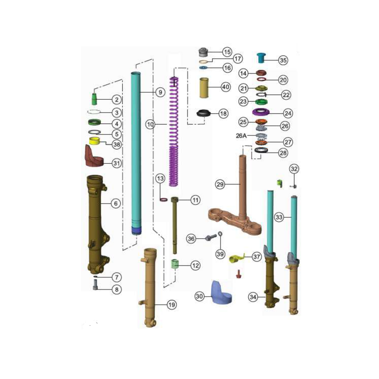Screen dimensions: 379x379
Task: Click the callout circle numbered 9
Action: click(x=160, y=92)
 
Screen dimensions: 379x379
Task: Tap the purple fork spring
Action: click(x=174, y=131)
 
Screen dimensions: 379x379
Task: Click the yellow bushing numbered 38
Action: click(x=94, y=141)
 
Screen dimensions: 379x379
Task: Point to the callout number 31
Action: click(x=117, y=163)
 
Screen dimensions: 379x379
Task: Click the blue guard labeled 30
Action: click(x=221, y=292)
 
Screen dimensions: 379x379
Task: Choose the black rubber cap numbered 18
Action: click(x=204, y=113)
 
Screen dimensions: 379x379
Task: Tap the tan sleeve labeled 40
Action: click(x=204, y=87)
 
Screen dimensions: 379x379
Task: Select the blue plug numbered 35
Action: click(x=261, y=58)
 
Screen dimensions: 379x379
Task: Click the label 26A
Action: click(x=241, y=135)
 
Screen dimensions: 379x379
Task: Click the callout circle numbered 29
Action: click(x=220, y=185)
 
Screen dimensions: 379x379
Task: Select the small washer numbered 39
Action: click(x=220, y=234)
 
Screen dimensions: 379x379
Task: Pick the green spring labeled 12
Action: click(x=174, y=264)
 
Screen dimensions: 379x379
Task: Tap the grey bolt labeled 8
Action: click(x=95, y=284)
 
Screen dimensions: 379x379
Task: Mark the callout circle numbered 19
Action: click(x=172, y=305)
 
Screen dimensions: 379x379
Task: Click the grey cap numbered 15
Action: click(x=203, y=52)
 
